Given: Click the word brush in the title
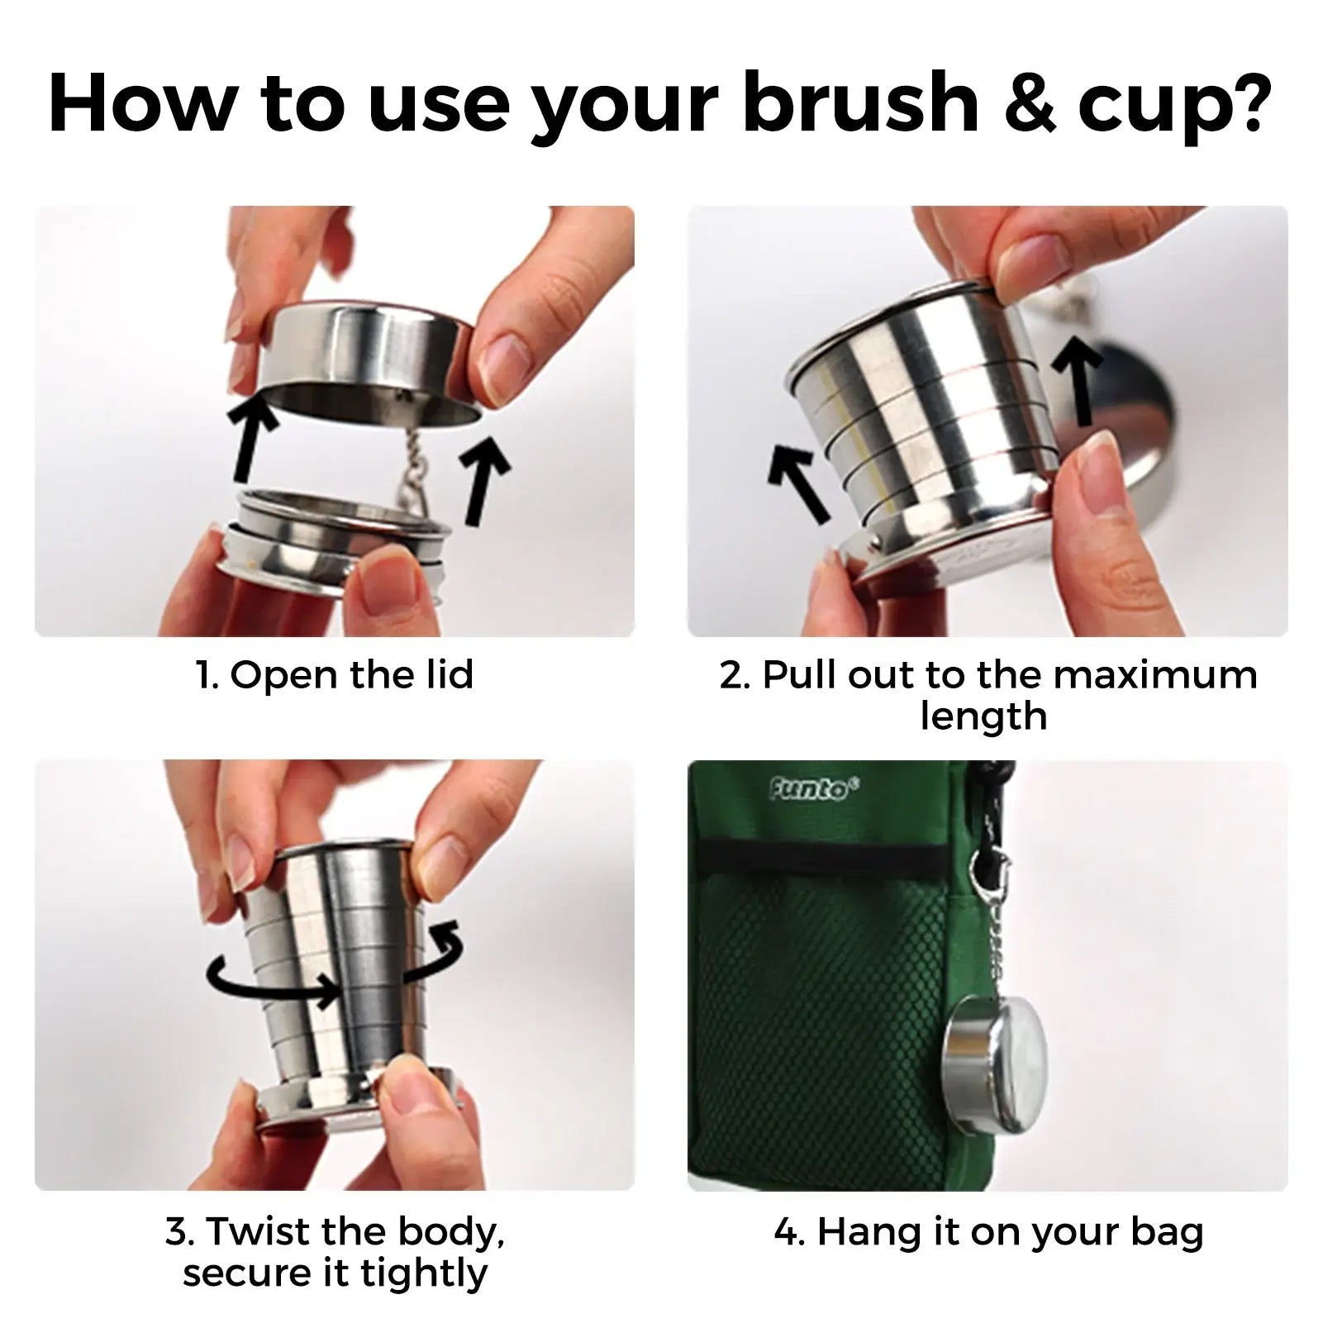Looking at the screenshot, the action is [860, 105].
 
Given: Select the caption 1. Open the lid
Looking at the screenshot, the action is [335, 674].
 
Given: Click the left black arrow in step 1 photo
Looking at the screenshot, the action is [253, 439].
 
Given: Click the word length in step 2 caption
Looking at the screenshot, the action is [983, 716].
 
